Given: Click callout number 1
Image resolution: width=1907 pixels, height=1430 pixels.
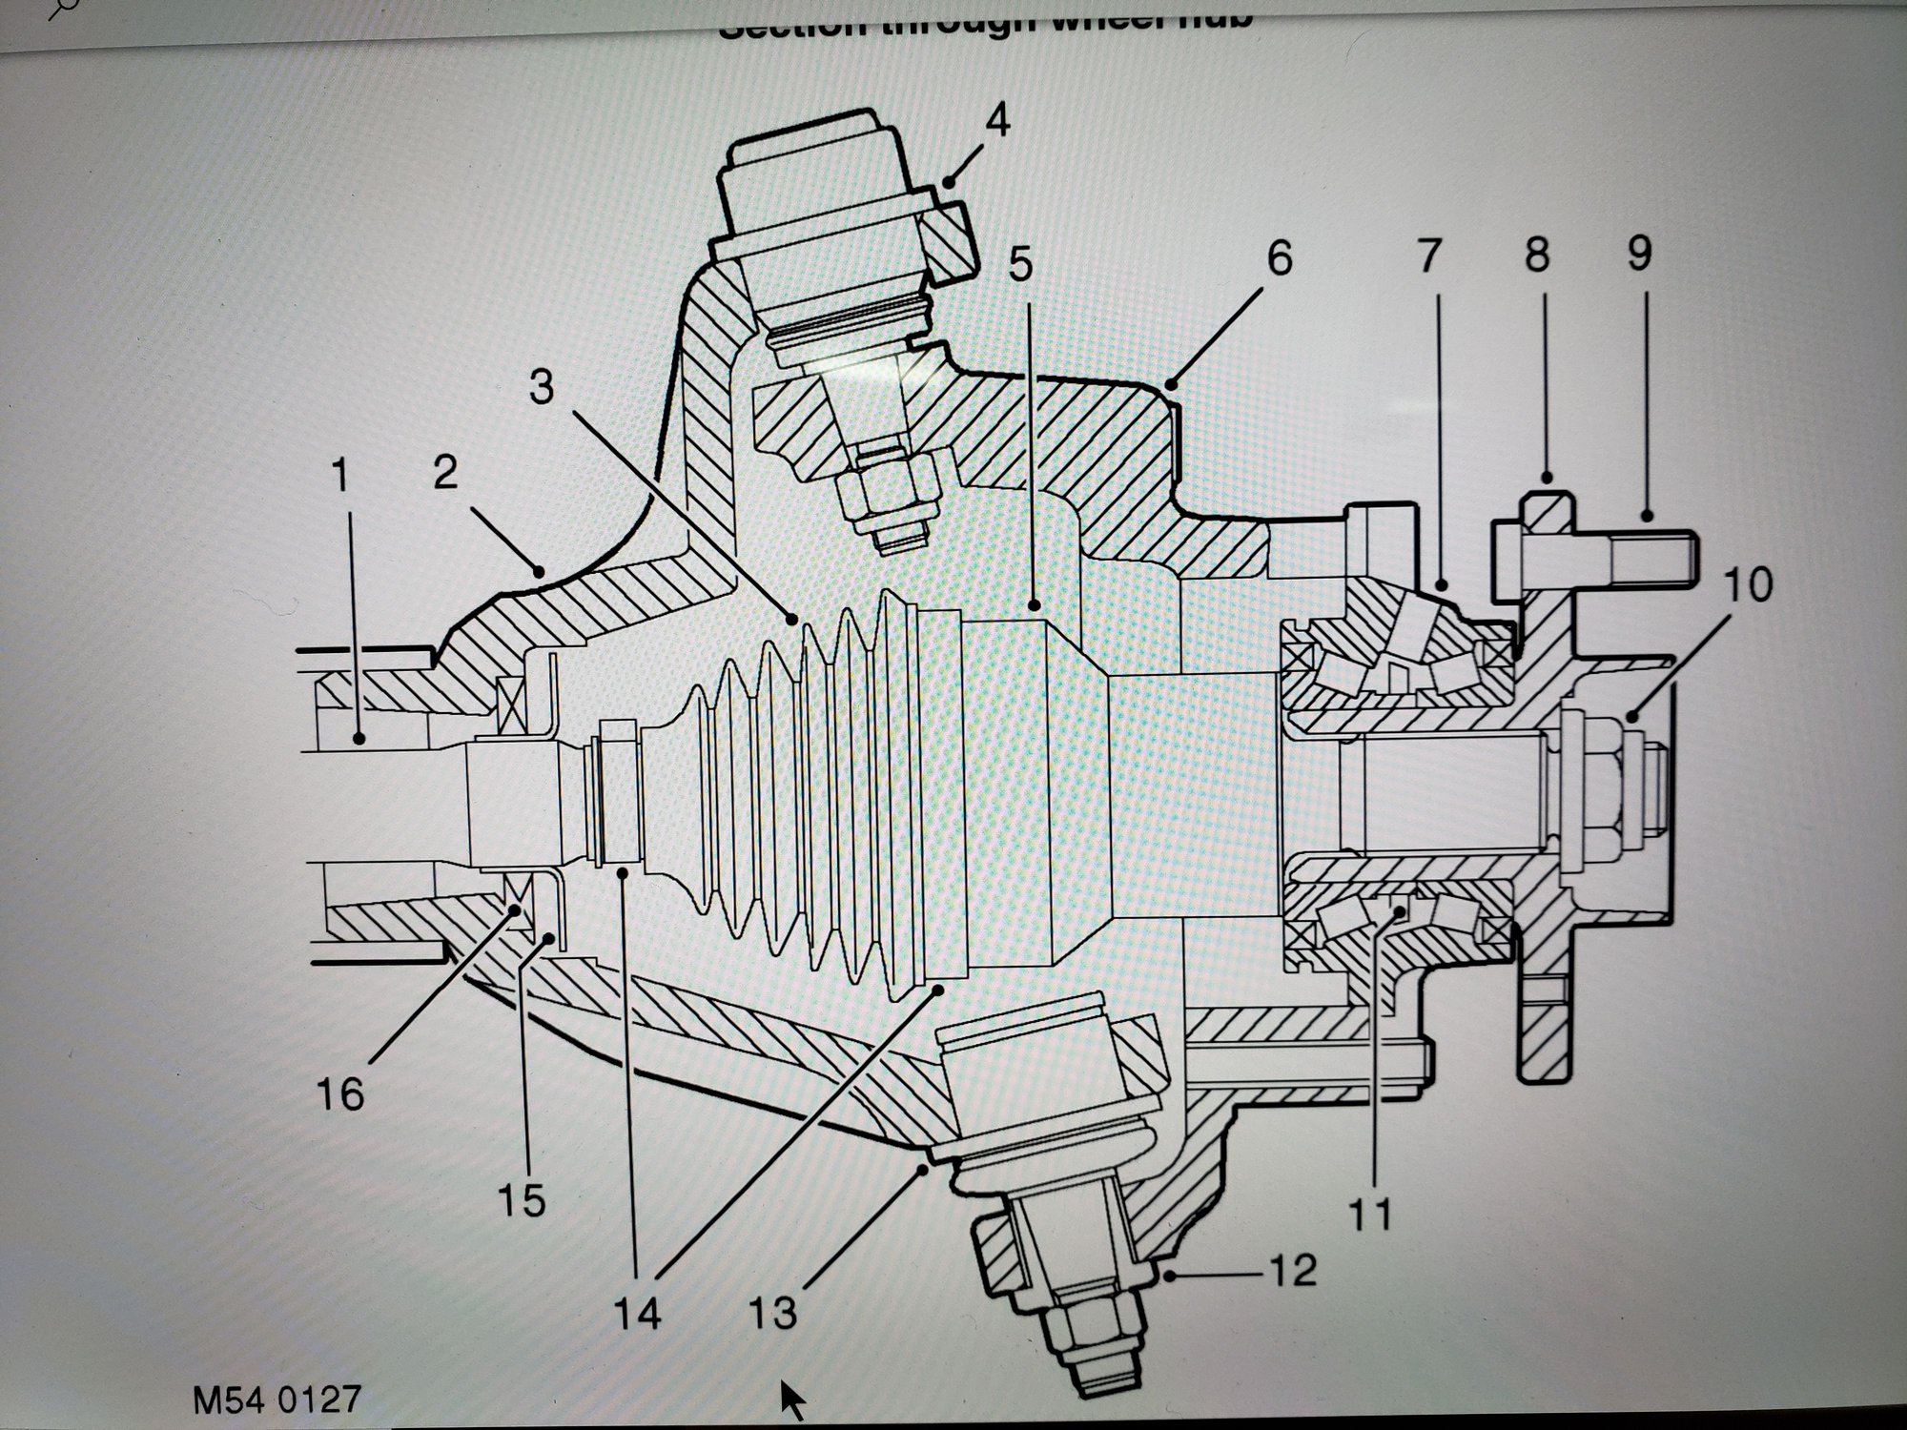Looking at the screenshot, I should click(x=339, y=476).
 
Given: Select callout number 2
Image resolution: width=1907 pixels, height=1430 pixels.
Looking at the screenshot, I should click(x=445, y=473).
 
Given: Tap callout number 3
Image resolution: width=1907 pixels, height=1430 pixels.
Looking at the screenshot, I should click(x=542, y=388).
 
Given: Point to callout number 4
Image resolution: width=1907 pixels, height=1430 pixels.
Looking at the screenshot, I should click(x=996, y=123).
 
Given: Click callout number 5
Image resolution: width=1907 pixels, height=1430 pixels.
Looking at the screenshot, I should click(x=1020, y=265).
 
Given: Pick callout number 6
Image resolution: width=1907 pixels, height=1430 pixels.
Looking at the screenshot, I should click(x=1279, y=258).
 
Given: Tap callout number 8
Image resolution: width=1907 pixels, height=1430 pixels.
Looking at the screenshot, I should click(x=1536, y=255).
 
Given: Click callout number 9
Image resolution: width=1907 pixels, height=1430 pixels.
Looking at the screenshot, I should click(x=1639, y=254).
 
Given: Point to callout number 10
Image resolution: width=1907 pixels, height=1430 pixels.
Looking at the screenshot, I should click(x=1747, y=583).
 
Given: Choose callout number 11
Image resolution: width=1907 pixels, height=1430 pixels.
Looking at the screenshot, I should click(x=1371, y=1214).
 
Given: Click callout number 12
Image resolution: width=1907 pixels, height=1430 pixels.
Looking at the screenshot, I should click(x=1292, y=1270).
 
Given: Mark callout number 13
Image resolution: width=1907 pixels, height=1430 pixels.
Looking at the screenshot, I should click(x=772, y=1312).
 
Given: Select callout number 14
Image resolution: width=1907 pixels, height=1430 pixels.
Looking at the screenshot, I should click(x=636, y=1315).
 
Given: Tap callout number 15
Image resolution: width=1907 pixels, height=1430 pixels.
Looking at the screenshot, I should click(x=522, y=1199).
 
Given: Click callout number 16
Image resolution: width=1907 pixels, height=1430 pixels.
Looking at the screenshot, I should click(x=340, y=1093).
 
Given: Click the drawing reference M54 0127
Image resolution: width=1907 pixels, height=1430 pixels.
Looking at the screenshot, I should click(x=277, y=1399).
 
